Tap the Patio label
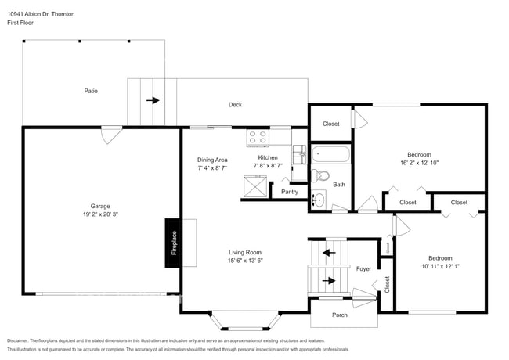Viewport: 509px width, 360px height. click(x=91, y=91)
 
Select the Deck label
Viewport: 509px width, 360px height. click(x=235, y=105)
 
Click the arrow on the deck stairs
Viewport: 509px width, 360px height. click(x=153, y=100)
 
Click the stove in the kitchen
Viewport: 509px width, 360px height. click(x=258, y=138)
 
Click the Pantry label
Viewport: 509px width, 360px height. click(x=289, y=192)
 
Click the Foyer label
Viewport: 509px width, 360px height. click(x=364, y=268)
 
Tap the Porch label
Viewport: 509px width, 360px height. click(x=340, y=315)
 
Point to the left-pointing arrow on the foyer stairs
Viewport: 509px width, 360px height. click(x=328, y=253)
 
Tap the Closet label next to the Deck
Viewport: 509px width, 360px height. click(x=330, y=124)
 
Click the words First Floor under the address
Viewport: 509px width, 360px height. click(x=20, y=23)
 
